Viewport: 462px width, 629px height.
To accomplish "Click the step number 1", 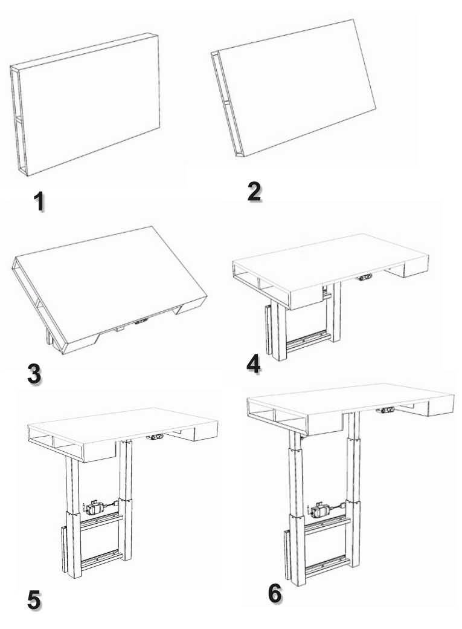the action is point(39,201).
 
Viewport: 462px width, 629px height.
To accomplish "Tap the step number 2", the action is point(254,192).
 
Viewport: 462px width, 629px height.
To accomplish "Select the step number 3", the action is point(34,374).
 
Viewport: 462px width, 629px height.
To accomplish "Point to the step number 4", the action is point(254,364).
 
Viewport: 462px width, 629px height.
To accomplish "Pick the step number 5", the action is point(34,600).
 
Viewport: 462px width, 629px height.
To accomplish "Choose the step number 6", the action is point(275,593).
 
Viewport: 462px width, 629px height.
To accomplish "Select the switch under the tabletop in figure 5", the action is point(155,437).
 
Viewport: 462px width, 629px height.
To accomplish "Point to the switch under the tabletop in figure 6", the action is point(385,410).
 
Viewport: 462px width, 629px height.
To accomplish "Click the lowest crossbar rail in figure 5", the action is point(102,561).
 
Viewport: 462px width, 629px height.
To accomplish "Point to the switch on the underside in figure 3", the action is point(141,321).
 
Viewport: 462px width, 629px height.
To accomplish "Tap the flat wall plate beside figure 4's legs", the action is point(268,329).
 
